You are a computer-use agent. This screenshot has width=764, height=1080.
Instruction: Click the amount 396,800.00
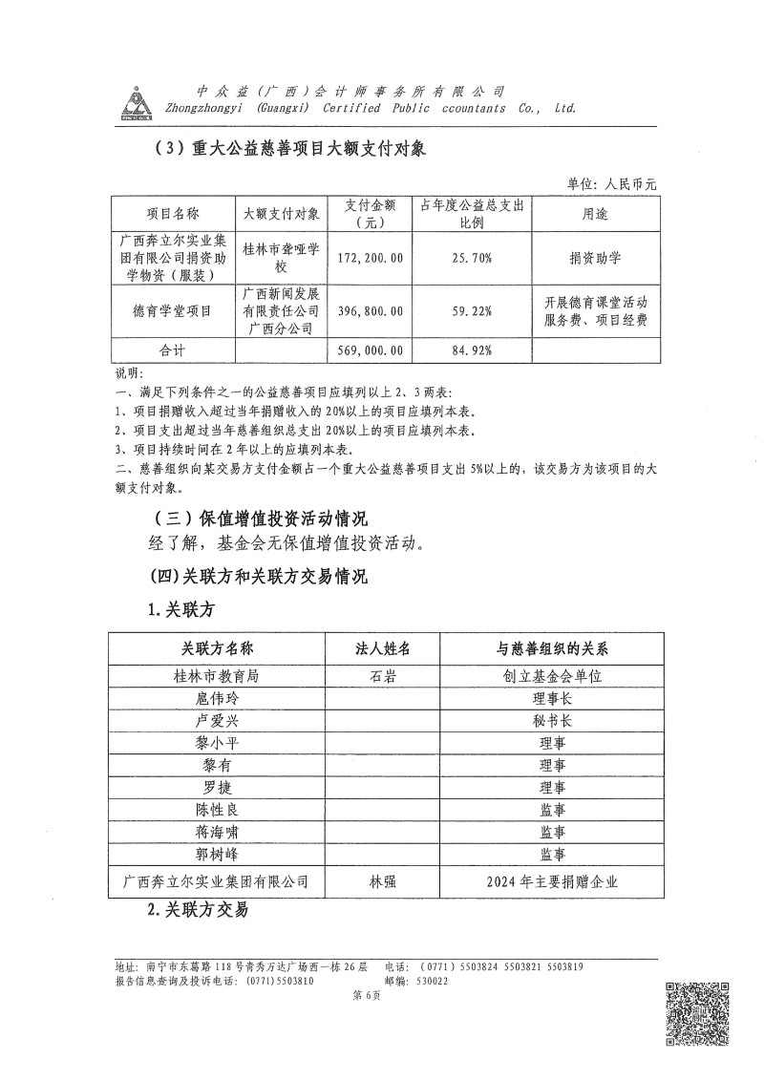[x=371, y=311]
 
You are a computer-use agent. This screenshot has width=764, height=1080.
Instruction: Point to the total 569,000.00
[x=371, y=350]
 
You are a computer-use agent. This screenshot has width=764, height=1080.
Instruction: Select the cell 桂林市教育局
[x=217, y=675]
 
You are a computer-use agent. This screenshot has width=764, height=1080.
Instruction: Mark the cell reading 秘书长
[x=553, y=721]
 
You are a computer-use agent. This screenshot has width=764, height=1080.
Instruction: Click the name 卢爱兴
[x=217, y=721]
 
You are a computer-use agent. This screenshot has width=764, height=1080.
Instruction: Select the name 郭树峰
[x=217, y=855]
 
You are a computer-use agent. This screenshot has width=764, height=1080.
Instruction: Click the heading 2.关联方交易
[x=198, y=910]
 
